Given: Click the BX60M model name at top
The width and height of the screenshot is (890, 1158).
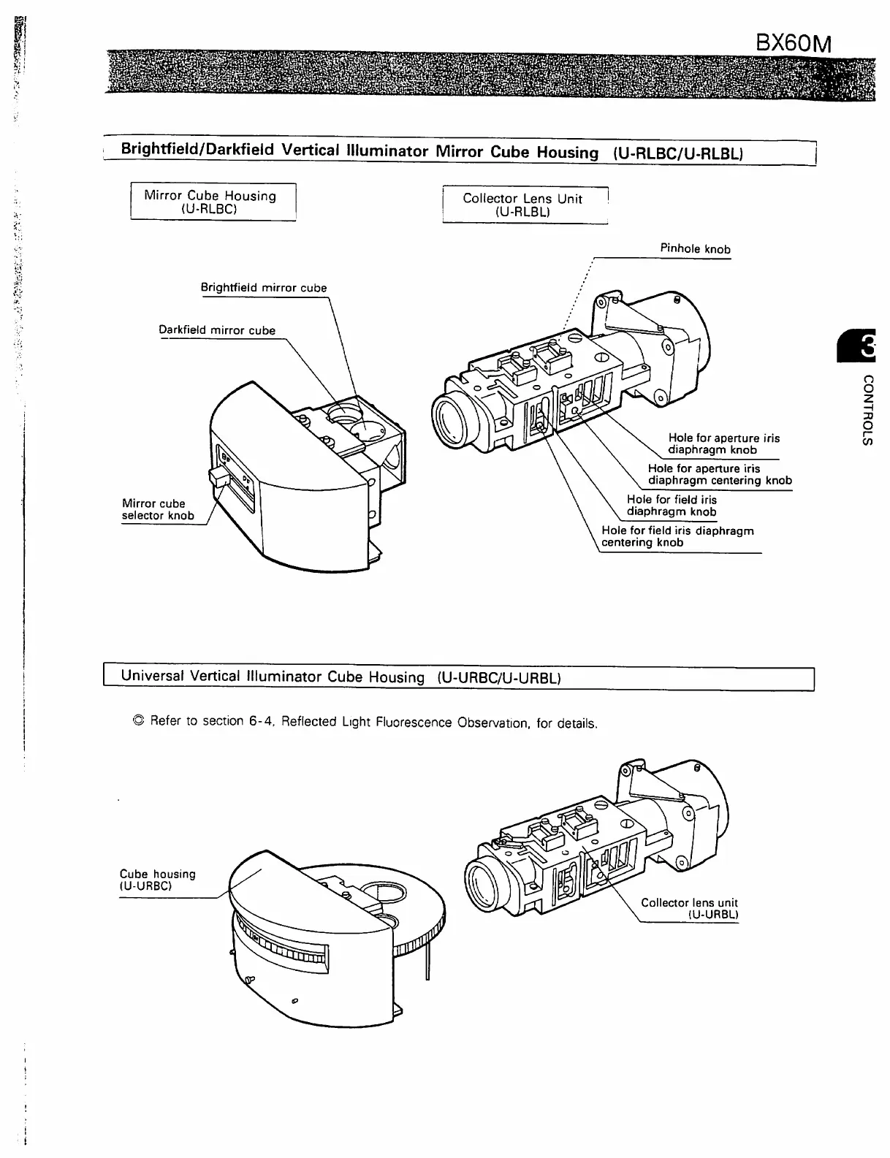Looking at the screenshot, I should (793, 43).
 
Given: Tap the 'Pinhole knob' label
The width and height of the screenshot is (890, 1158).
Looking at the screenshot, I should (695, 249).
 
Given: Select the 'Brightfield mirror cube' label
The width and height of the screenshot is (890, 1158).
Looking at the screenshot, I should (263, 288).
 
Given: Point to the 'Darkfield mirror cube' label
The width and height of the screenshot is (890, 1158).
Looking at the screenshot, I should (217, 330).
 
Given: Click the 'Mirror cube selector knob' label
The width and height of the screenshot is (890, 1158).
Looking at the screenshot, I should (157, 509).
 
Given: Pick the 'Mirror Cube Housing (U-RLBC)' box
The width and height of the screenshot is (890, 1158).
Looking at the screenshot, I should (213, 202).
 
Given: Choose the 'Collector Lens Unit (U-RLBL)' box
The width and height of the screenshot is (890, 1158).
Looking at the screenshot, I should (524, 205).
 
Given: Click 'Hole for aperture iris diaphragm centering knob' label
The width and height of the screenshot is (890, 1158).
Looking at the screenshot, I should (719, 475).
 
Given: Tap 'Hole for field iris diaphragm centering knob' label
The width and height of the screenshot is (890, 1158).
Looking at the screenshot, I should (677, 536).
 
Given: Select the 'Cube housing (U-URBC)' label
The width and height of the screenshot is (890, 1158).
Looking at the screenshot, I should (157, 880).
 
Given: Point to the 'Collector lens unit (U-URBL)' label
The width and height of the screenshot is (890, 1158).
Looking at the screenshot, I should (689, 908).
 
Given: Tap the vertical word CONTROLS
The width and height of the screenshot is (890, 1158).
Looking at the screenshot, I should (867, 410).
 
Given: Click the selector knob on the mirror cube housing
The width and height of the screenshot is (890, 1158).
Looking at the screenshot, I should (218, 478).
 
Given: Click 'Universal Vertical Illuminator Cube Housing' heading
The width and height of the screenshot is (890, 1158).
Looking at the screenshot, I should (272, 677).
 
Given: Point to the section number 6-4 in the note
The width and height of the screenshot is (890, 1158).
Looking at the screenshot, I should (261, 721).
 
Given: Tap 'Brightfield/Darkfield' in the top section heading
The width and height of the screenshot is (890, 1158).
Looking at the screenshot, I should (197, 150).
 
